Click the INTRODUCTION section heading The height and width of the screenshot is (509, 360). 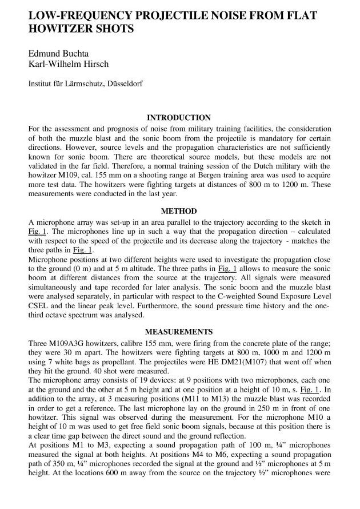point(179,118)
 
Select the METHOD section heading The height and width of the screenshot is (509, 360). point(179,210)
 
